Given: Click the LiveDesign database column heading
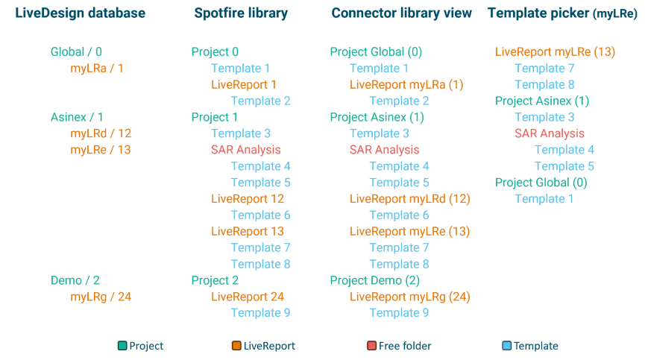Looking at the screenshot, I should [80, 13].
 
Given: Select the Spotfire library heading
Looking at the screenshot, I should [241, 13].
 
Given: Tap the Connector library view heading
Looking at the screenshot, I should [402, 13].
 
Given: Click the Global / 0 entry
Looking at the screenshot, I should [76, 52].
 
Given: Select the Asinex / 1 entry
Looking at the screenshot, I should [77, 117].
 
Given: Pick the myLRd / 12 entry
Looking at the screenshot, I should [101, 133].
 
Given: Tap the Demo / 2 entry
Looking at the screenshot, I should [75, 280].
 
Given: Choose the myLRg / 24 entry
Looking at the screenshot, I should [101, 297].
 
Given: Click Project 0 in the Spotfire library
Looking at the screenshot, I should [215, 52].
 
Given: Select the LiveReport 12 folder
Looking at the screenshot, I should [248, 199].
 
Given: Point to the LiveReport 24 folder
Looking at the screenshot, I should [248, 297].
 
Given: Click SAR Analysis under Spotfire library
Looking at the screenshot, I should [245, 150].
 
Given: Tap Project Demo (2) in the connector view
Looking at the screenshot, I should [375, 280].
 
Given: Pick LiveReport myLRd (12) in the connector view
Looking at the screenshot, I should [409, 199].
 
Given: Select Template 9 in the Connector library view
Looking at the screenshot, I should [399, 313].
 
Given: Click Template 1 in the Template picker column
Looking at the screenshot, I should [544, 199].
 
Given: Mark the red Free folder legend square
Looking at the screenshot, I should [371, 346].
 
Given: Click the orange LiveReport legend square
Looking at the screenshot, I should [236, 346].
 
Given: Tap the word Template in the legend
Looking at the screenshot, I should [535, 346].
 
